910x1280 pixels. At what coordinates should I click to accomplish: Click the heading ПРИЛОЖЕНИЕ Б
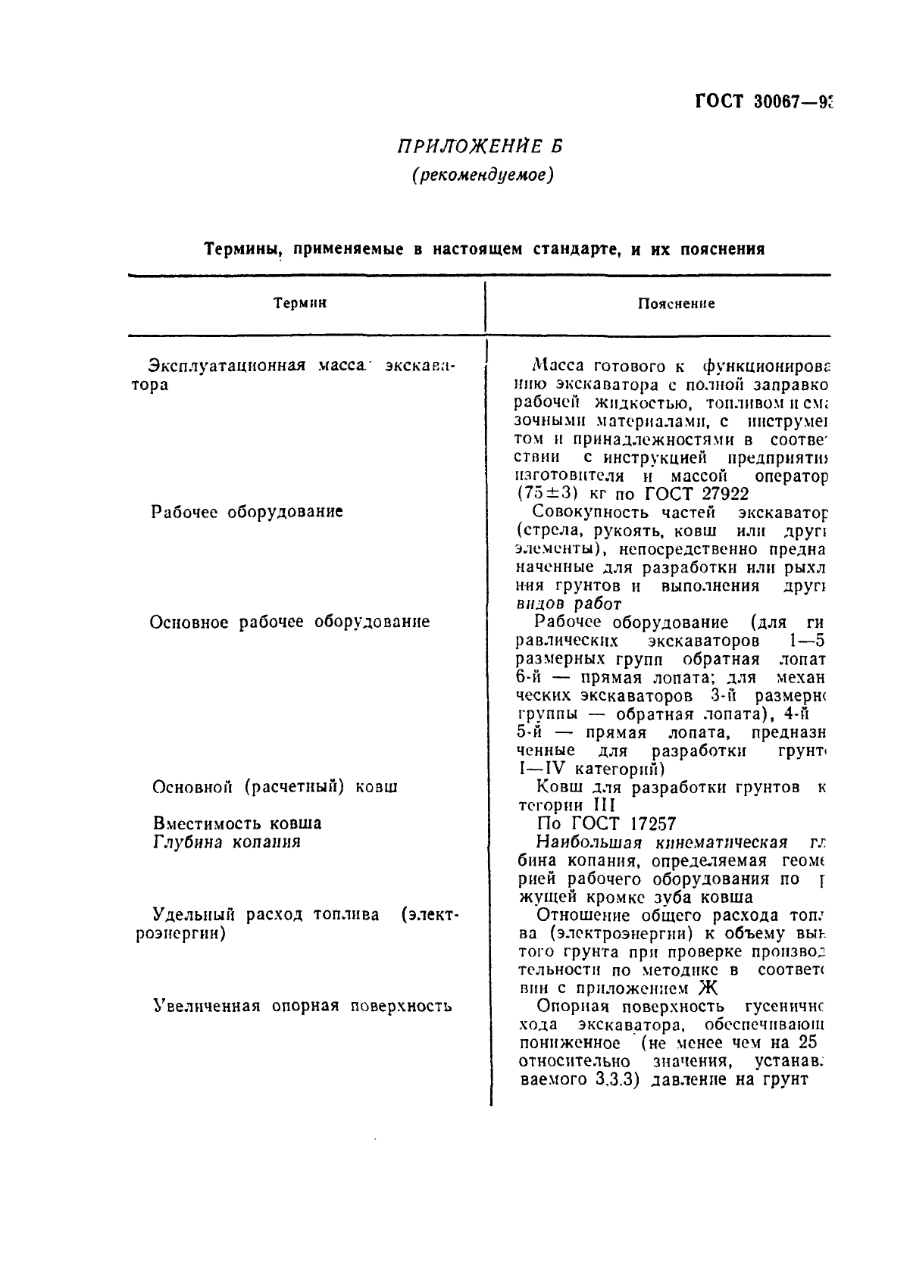pyautogui.click(x=480, y=146)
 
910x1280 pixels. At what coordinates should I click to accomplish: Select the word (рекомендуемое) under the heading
pyautogui.click(x=483, y=175)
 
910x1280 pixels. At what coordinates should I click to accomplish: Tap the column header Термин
pyautogui.click(x=300, y=303)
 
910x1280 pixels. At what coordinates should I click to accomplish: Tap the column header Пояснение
pyautogui.click(x=676, y=304)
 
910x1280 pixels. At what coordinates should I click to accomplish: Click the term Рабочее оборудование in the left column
pyautogui.click(x=247, y=511)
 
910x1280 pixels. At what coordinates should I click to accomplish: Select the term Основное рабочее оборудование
pyautogui.click(x=289, y=622)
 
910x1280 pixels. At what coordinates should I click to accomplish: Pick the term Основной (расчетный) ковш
pyautogui.click(x=275, y=787)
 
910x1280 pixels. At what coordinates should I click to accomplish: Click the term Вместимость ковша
pyautogui.click(x=237, y=823)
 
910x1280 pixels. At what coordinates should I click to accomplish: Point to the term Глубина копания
pyautogui.click(x=227, y=841)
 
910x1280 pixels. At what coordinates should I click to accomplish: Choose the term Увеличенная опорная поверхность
pyautogui.click(x=302, y=1007)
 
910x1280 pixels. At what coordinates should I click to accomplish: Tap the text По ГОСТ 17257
pyautogui.click(x=606, y=824)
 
